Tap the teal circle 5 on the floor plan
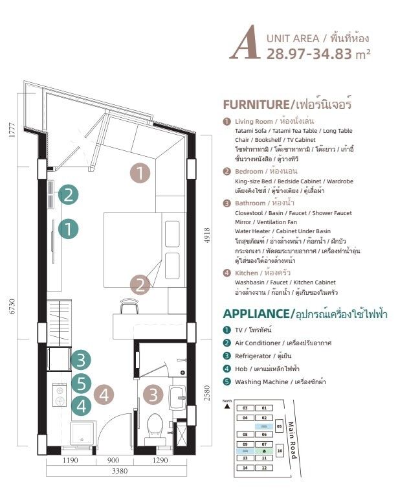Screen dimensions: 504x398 pyautogui.click(x=80, y=384)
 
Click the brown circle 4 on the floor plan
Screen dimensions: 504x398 pyautogui.click(x=105, y=393)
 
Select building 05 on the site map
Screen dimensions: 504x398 pyautogui.click(x=280, y=427)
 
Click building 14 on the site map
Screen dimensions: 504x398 pyautogui.click(x=245, y=467)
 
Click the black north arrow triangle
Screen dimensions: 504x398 pyautogui.click(x=227, y=406)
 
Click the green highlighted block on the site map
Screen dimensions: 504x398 pyautogui.click(x=264, y=450)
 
